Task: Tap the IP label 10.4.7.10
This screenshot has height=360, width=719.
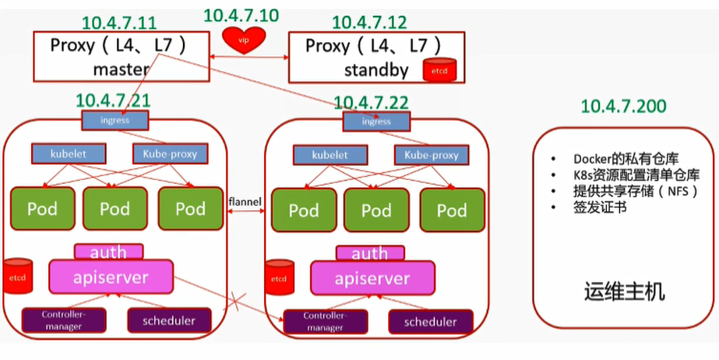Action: [x=242, y=15]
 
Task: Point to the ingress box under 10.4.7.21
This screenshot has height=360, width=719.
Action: [x=115, y=121]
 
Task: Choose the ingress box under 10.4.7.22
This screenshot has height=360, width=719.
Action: [x=377, y=122]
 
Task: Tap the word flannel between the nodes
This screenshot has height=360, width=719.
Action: [x=245, y=203]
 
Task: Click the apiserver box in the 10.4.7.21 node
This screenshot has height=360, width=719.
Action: [x=110, y=276]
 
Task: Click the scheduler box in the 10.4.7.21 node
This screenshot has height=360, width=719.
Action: [x=169, y=319]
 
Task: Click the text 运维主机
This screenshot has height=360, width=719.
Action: [x=624, y=292]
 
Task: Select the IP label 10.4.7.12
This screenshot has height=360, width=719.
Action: [x=368, y=23]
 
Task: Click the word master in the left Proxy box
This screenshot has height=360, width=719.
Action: [x=121, y=69]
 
